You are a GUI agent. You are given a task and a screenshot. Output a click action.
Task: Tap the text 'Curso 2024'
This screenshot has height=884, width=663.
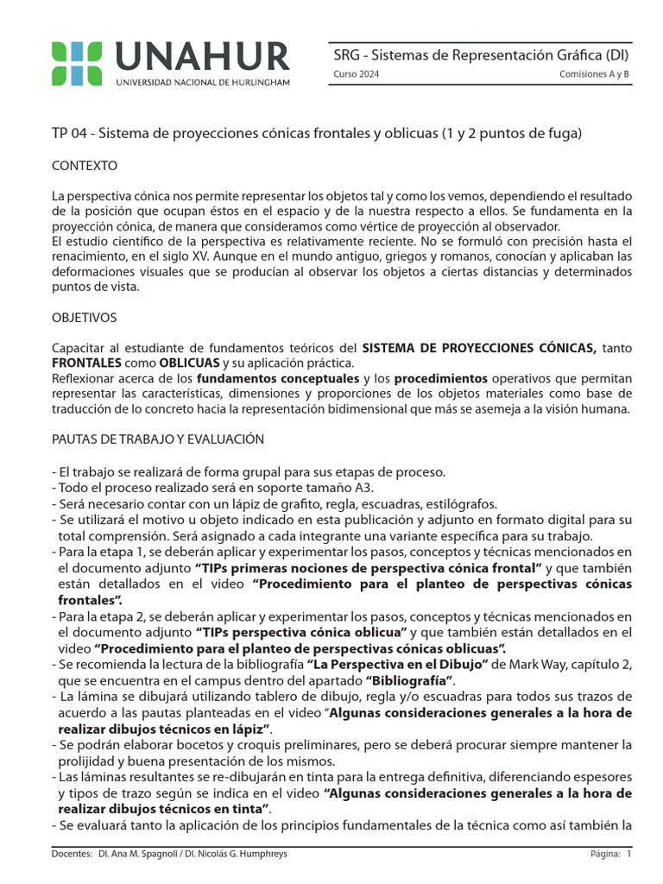356,75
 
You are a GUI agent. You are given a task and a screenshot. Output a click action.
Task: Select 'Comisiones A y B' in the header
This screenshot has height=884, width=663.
595,75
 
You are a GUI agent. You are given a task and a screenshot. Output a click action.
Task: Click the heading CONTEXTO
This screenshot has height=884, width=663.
85,165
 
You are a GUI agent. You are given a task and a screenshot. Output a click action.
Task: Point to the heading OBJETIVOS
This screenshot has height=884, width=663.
85,318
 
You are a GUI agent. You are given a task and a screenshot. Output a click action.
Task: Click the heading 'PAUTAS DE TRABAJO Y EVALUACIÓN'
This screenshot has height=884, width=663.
158,439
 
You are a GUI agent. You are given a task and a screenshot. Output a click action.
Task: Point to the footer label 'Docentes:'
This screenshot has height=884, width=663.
73,854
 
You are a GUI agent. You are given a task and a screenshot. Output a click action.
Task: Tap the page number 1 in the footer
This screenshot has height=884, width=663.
629,854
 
